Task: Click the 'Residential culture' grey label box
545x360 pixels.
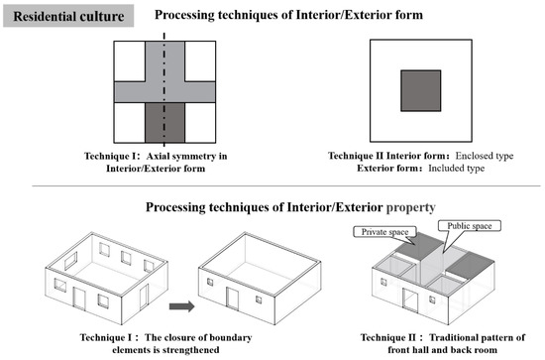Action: click(x=68, y=16)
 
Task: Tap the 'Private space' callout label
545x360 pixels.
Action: click(x=384, y=232)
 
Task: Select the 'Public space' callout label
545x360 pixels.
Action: click(x=470, y=226)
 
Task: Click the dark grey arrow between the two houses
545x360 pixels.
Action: click(x=181, y=306)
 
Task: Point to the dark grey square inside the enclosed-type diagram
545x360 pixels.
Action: click(x=420, y=91)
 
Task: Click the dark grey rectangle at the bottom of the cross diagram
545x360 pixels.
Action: click(x=164, y=122)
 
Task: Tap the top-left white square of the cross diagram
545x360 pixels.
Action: click(x=130, y=61)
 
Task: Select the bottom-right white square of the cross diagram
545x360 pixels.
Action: click(x=200, y=122)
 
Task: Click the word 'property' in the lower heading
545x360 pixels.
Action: click(x=411, y=207)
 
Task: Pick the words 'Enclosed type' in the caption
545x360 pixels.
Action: click(x=485, y=156)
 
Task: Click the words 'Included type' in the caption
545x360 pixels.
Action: click(x=457, y=169)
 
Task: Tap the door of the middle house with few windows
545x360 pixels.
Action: click(x=232, y=299)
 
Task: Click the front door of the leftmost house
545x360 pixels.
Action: click(x=79, y=299)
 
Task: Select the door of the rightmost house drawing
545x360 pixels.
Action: click(x=410, y=300)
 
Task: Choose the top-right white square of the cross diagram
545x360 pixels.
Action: click(x=200, y=61)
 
